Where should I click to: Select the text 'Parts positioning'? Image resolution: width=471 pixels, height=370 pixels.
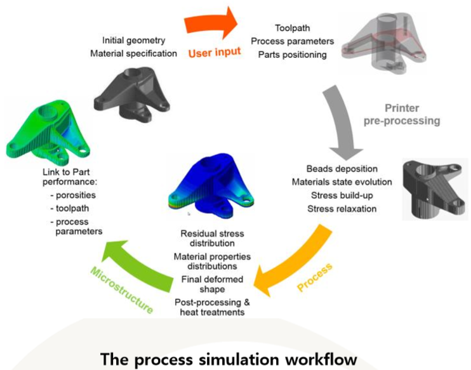pyautogui.click(x=293, y=55)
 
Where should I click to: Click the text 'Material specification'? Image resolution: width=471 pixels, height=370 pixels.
pyautogui.click(x=134, y=53)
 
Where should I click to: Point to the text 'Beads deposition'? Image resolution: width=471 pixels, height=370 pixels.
pyautogui.click(x=342, y=169)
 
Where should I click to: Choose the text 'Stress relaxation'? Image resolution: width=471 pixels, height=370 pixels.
pyautogui.click(x=342, y=209)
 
